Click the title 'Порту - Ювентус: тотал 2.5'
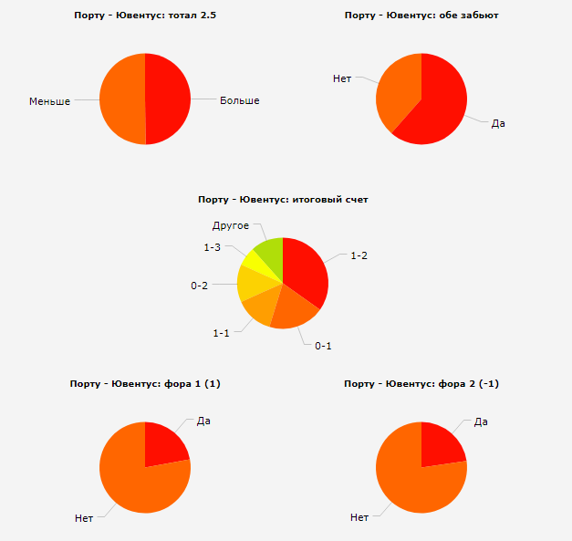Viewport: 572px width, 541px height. [144, 16]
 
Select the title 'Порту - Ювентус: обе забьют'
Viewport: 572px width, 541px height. [421, 16]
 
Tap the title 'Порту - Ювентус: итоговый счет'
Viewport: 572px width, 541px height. [283, 199]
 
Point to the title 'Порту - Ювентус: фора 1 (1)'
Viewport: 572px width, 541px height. [145, 384]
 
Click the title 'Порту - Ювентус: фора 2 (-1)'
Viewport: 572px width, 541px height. [421, 384]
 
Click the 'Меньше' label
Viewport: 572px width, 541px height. [49, 101]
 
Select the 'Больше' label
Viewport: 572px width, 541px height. [240, 100]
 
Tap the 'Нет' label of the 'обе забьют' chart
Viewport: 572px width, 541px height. [342, 79]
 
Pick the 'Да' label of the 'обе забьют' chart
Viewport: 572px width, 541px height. [498, 123]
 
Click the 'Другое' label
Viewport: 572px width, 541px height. [231, 225]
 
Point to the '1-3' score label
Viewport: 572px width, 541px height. [213, 247]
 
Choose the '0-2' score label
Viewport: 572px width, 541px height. [199, 286]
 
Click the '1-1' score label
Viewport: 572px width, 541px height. [221, 333]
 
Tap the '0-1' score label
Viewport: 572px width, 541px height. [324, 346]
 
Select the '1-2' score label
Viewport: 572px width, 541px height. [359, 255]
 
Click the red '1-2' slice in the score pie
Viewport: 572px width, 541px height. [305, 269]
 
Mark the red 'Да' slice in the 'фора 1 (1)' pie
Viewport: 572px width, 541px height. [163, 444]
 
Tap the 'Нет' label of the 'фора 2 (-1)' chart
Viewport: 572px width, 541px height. [359, 517]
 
